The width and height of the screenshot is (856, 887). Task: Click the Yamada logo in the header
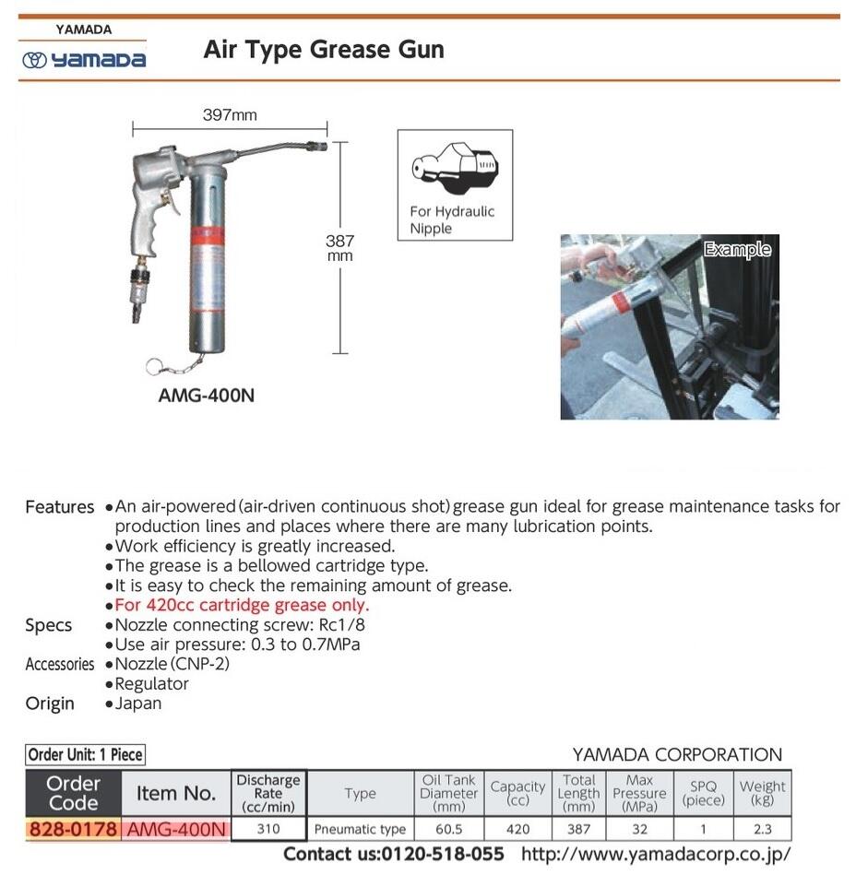click(84, 60)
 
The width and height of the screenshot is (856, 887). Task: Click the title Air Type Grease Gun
click(324, 50)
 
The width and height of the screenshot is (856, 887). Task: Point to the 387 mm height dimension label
click(339, 247)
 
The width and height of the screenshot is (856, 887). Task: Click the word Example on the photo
click(737, 249)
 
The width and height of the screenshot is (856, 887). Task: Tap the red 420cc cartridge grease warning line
click(242, 605)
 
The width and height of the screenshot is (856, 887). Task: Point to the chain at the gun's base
click(163, 364)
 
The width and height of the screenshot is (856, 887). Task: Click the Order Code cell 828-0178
click(74, 829)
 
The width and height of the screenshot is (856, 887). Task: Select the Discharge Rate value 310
click(267, 829)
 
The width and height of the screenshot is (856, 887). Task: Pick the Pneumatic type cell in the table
click(360, 829)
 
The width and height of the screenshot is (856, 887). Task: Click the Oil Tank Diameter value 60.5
click(448, 829)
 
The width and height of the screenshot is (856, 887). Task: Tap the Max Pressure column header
click(638, 793)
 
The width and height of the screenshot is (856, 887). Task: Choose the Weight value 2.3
click(762, 829)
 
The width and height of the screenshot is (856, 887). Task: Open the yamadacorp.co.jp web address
click(656, 854)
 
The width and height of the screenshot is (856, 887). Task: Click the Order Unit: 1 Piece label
click(85, 754)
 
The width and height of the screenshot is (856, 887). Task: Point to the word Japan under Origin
click(138, 703)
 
